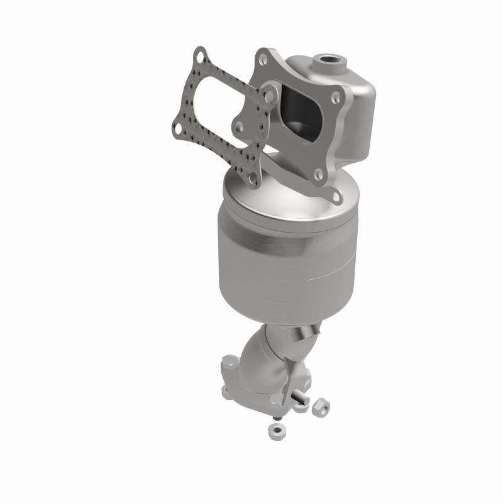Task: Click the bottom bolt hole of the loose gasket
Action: point(253,179)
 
